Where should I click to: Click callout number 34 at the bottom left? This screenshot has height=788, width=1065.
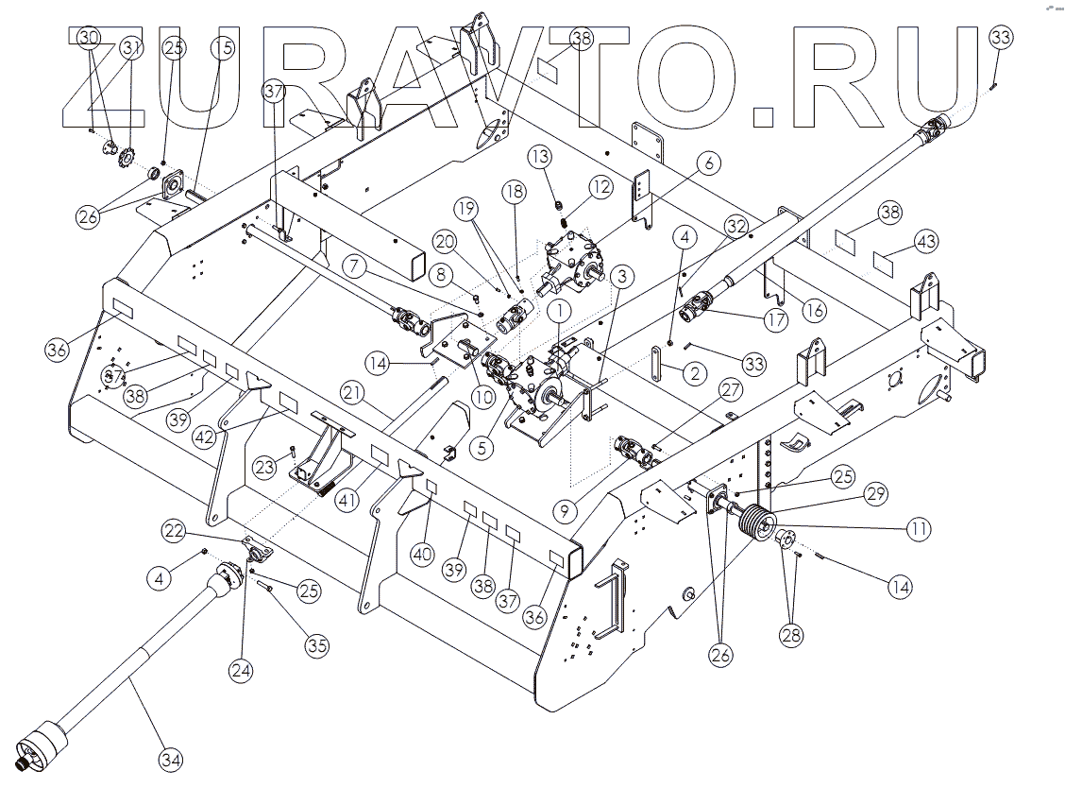[x=171, y=759]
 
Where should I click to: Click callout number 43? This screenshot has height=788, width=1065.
[x=927, y=243]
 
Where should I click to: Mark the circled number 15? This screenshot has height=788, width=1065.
[x=222, y=48]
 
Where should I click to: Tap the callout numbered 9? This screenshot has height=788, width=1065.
[x=565, y=513]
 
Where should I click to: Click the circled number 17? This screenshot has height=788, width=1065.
[x=775, y=320]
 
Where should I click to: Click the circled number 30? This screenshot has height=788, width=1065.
[x=89, y=38]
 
